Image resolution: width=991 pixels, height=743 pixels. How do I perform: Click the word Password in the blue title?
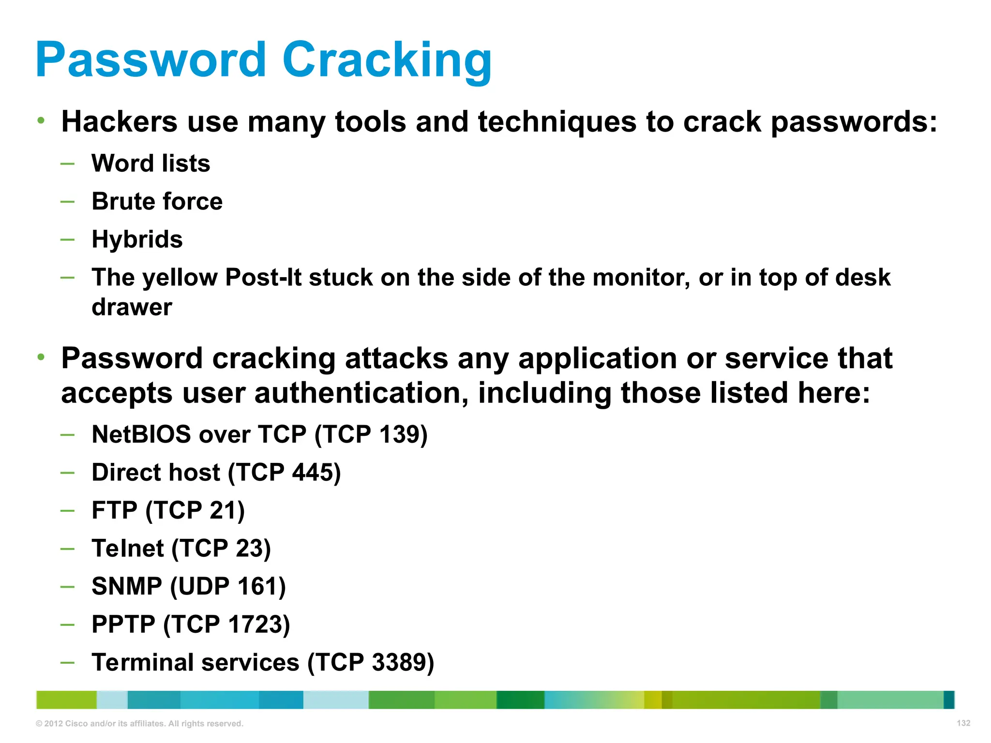[150, 60]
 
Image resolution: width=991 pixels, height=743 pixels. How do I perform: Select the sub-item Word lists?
[151, 163]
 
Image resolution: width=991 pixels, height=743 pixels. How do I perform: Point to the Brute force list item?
[157, 201]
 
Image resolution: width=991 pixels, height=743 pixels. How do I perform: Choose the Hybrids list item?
[137, 239]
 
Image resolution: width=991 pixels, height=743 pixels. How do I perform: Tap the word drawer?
[132, 307]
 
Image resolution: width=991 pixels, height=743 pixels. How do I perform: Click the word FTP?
[114, 510]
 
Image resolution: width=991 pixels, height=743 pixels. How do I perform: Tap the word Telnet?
[128, 549]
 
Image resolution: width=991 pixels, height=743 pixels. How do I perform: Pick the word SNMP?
[127, 586]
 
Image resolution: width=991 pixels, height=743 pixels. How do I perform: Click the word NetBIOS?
[141, 434]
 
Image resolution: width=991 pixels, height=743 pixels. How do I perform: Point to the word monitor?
[641, 278]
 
